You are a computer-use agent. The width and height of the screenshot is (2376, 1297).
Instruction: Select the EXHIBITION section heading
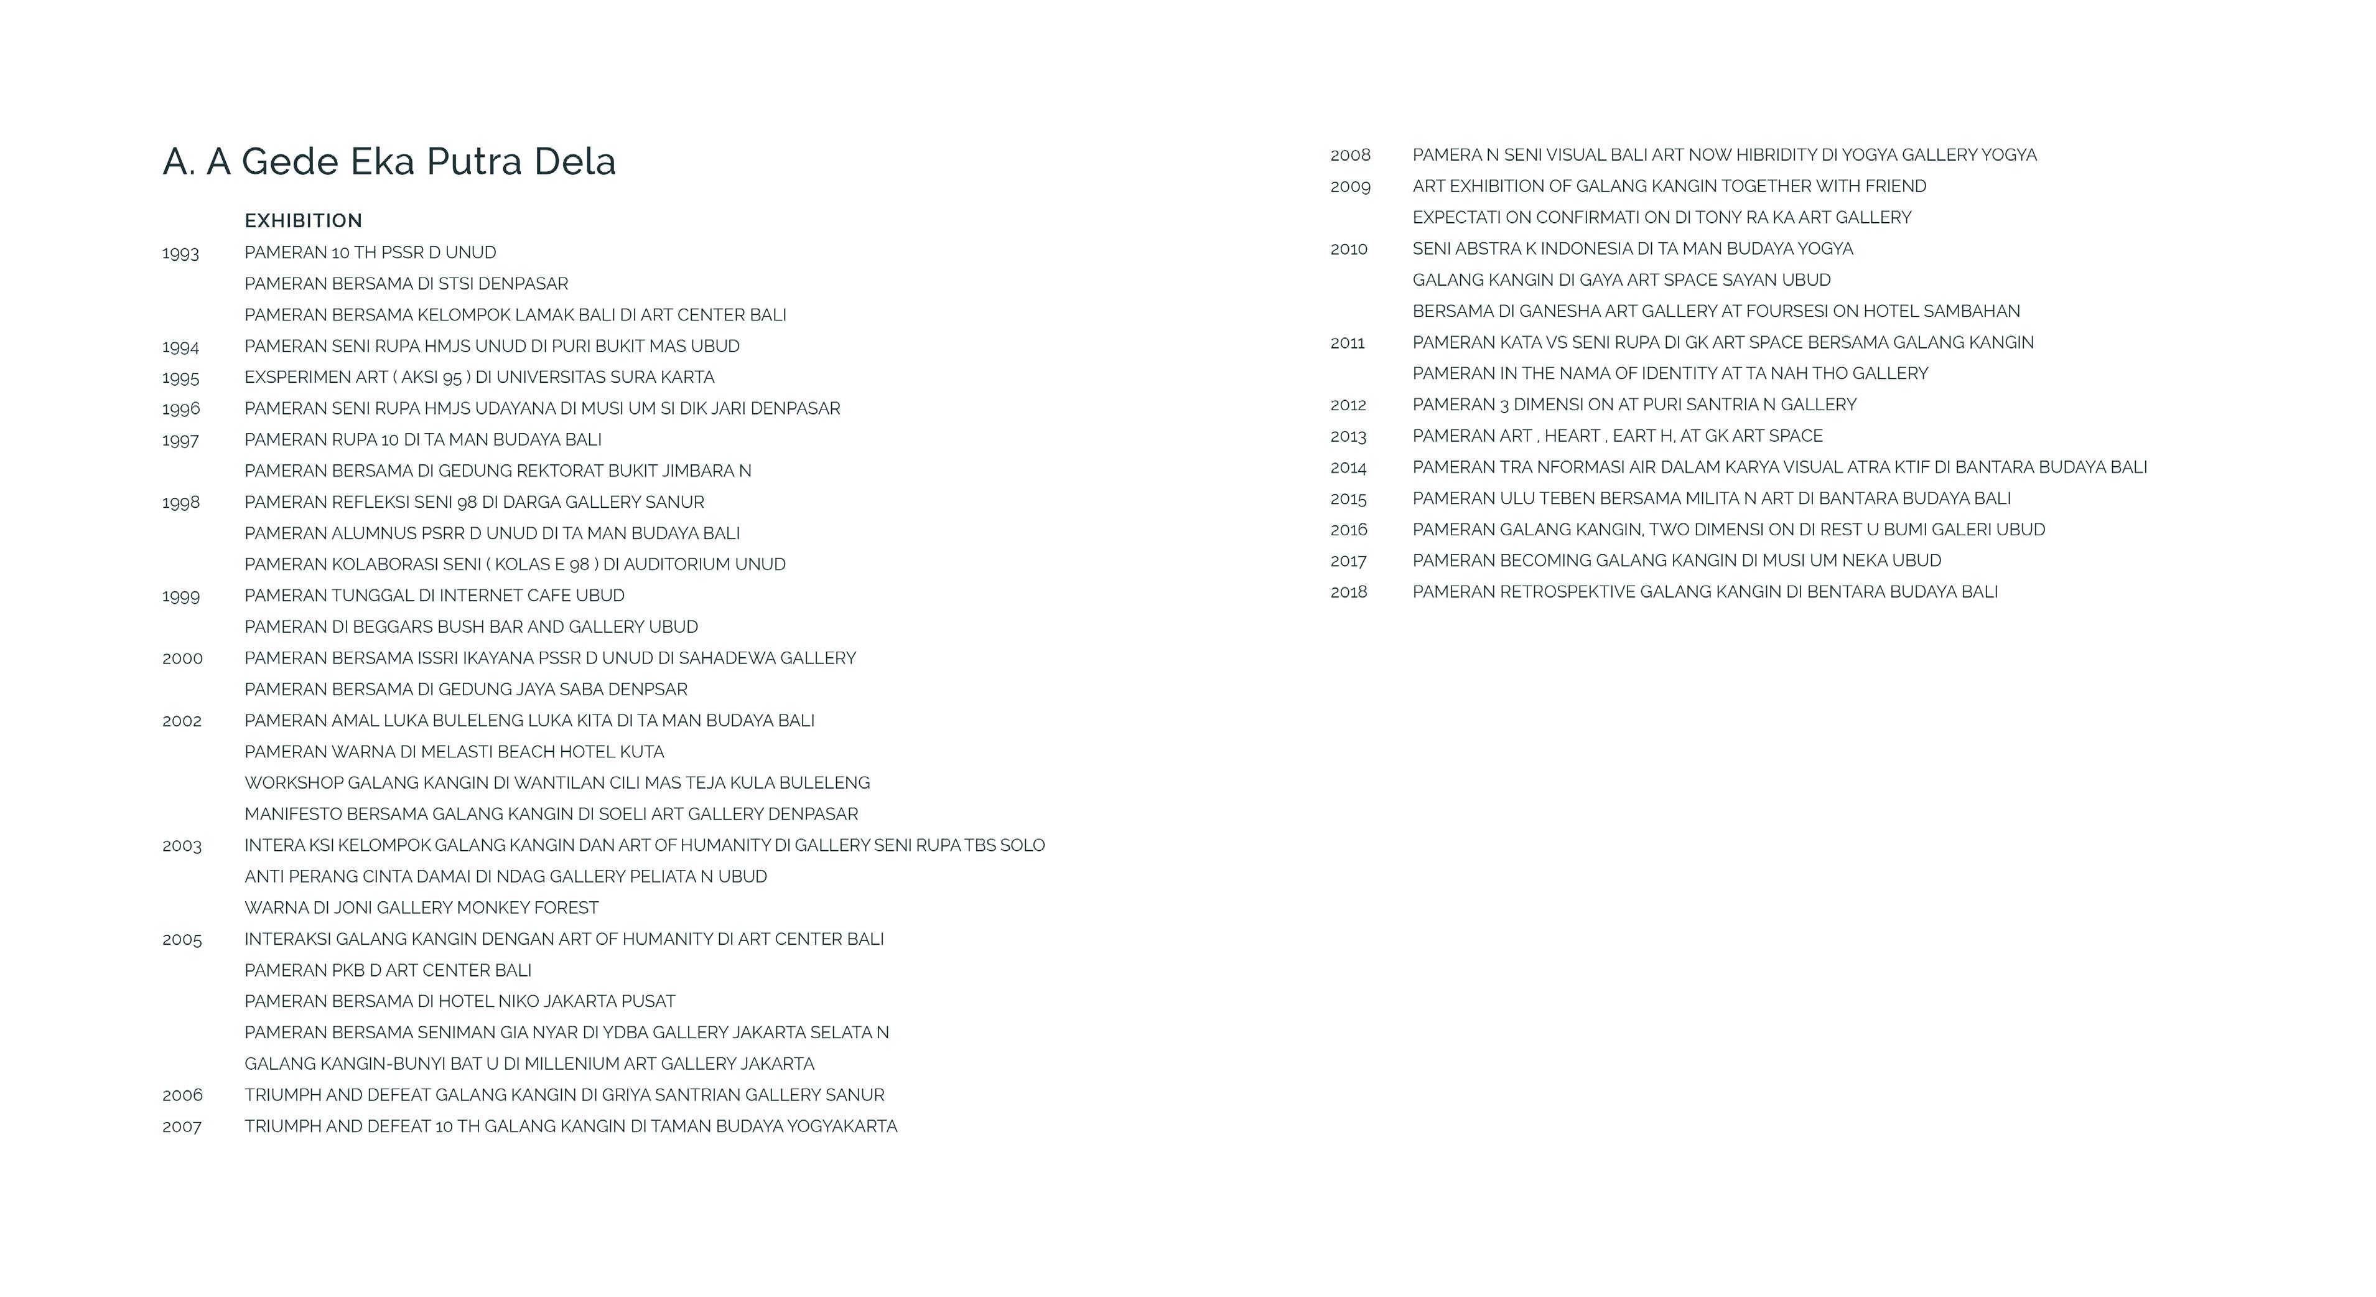pyautogui.click(x=304, y=220)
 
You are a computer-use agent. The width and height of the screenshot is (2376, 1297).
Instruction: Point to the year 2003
pyautogui.click(x=182, y=846)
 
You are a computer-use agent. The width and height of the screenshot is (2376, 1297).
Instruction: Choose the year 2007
pyautogui.click(x=182, y=1126)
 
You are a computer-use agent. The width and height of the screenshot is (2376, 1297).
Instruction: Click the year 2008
pyautogui.click(x=1349, y=155)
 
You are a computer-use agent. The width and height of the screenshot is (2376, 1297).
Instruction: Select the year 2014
pyautogui.click(x=1348, y=467)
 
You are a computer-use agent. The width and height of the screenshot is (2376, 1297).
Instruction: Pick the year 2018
pyautogui.click(x=1348, y=592)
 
